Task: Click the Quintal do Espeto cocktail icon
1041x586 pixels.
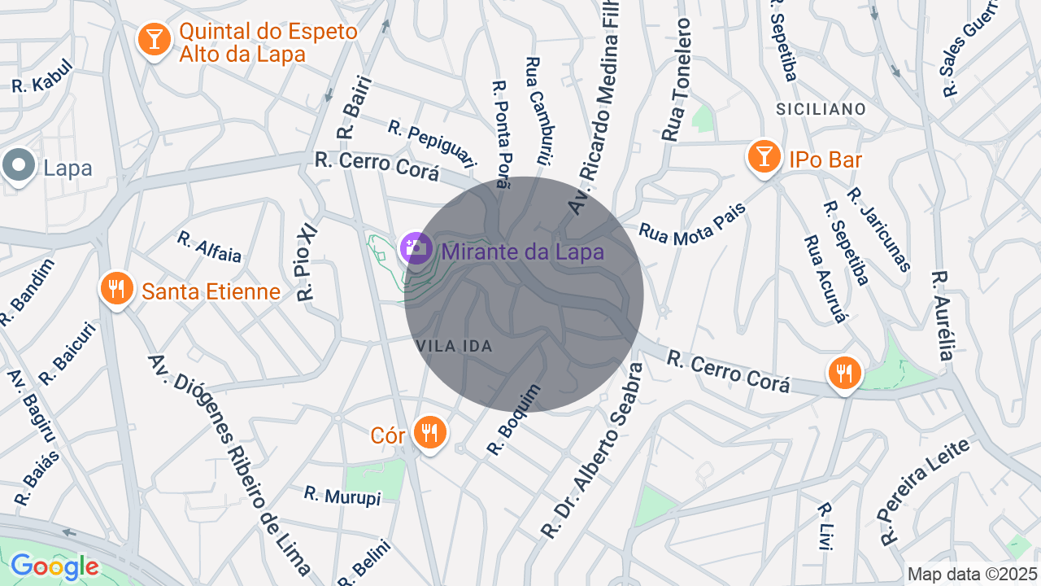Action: click(153, 38)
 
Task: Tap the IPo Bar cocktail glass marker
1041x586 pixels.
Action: click(763, 155)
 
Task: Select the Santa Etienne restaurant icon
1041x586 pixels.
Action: click(117, 288)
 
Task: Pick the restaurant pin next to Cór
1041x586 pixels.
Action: click(429, 431)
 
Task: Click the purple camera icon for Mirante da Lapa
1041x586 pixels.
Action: click(416, 247)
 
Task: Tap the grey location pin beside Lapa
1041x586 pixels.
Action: click(19, 166)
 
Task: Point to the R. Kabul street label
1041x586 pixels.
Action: click(42, 76)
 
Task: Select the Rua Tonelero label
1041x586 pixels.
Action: click(676, 80)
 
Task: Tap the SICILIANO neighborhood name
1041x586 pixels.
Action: click(821, 108)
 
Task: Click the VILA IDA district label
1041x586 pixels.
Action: click(455, 346)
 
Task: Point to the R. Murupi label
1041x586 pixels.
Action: click(342, 495)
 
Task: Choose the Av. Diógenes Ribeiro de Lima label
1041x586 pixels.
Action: click(229, 465)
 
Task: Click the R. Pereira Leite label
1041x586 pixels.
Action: click(925, 491)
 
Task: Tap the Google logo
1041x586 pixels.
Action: click(54, 566)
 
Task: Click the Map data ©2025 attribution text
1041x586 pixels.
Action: click(973, 574)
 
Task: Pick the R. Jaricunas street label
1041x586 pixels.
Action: click(878, 229)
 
